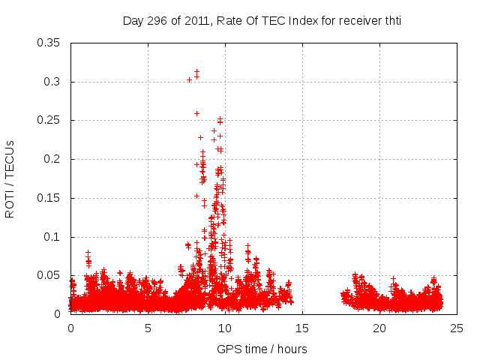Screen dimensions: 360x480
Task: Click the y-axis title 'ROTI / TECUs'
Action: click(10, 178)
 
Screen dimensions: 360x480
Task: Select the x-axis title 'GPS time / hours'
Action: click(262, 349)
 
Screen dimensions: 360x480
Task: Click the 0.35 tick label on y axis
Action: click(49, 43)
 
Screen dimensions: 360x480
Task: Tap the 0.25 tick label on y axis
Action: click(49, 120)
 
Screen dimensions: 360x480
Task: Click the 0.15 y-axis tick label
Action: click(49, 198)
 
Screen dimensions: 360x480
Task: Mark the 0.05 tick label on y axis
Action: click(49, 275)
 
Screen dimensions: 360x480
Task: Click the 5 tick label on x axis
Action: click(148, 328)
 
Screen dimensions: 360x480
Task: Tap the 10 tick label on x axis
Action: click(226, 328)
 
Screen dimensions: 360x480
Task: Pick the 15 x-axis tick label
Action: click(303, 328)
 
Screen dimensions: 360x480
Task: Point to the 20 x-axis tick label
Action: click(380, 328)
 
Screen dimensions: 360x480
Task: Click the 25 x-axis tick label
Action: click(457, 328)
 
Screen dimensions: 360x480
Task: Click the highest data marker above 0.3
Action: click(196, 71)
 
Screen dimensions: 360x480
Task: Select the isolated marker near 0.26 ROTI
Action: click(196, 113)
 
